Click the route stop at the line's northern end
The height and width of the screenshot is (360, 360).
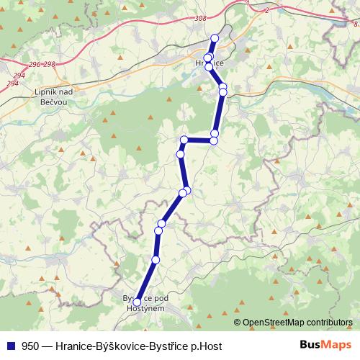click(214, 38)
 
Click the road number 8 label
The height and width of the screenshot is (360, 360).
click(355, 25)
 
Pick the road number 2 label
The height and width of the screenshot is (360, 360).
click(266, 10)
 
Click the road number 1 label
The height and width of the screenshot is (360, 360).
click(247, 4)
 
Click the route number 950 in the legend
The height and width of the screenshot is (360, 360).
click(31, 346)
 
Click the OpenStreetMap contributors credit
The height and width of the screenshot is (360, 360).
click(297, 323)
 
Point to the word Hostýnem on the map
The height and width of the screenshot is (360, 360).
click(146, 308)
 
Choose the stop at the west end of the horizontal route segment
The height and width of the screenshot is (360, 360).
click(184, 140)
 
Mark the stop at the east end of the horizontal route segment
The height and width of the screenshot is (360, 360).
click(214, 140)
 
